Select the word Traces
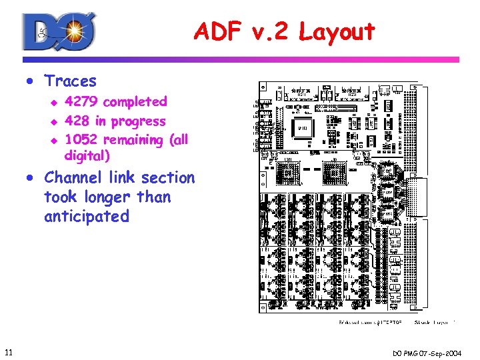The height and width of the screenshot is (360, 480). coord(70,81)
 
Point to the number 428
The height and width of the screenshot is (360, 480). coord(77,121)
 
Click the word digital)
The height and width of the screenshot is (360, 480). coord(87,156)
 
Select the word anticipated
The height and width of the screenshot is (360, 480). coord(86,217)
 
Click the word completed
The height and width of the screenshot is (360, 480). coord(135,102)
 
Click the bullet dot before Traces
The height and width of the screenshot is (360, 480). coord(31,82)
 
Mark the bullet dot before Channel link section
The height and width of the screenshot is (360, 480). coord(31,179)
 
